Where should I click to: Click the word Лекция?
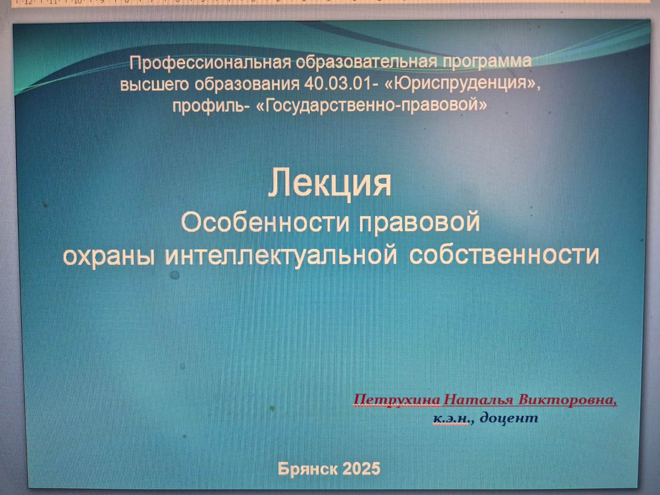click(x=330, y=184)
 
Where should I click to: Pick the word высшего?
click(x=154, y=85)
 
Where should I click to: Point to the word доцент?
click(x=509, y=418)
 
